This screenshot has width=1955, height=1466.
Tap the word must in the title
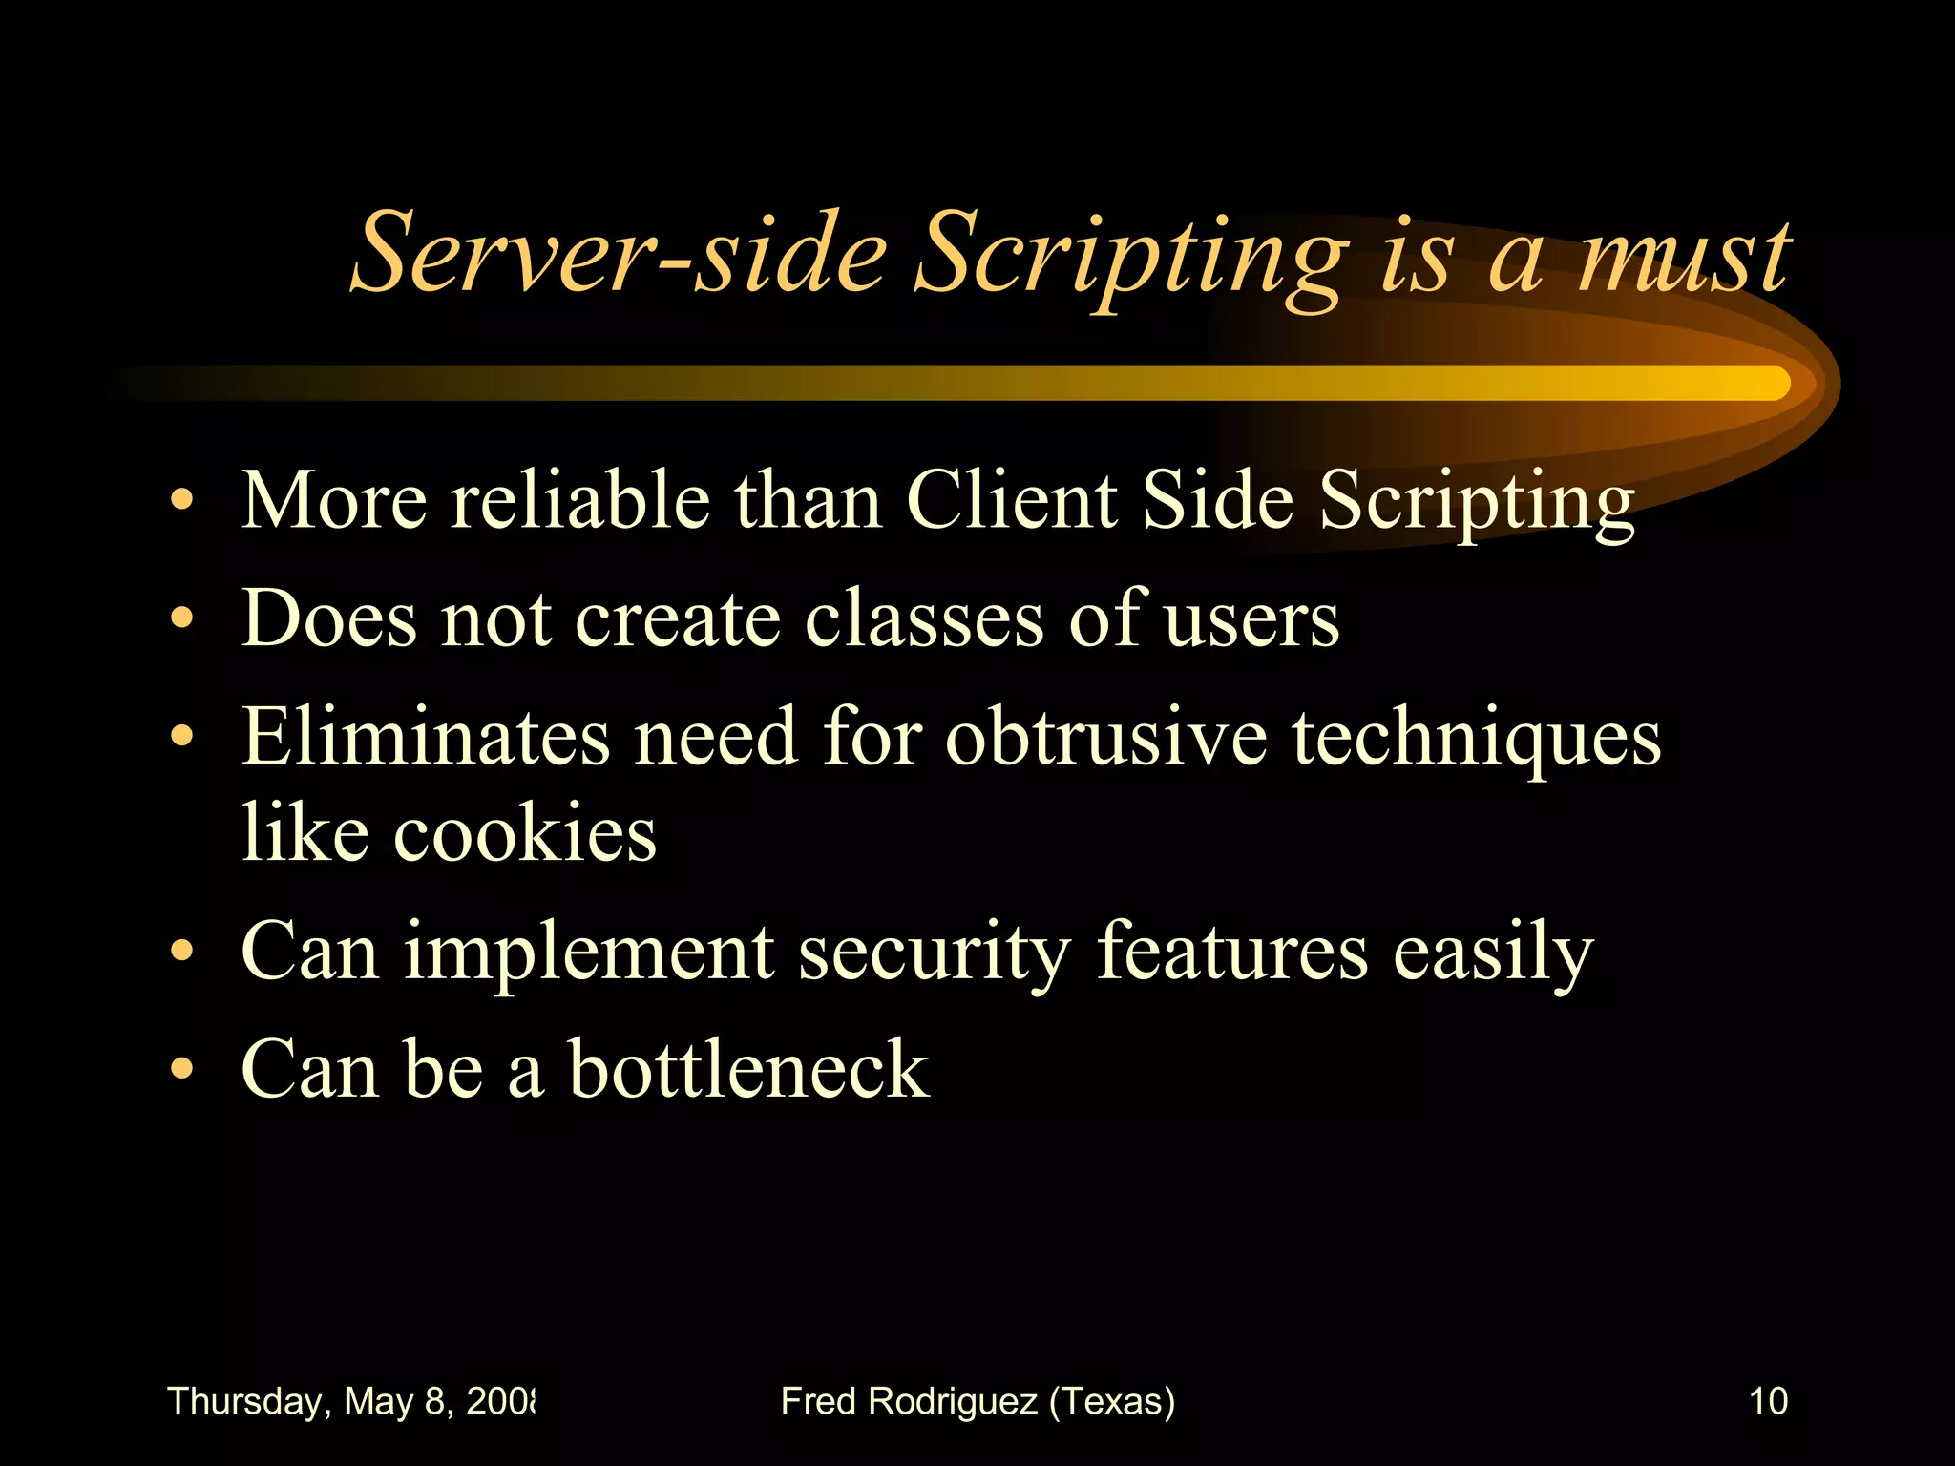[1684, 256]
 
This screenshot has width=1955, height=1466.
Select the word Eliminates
[425, 737]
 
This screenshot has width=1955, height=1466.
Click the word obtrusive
[1106, 737]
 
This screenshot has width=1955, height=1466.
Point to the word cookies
[525, 832]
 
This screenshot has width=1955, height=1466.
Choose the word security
[935, 953]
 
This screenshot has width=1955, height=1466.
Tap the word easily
[1493, 953]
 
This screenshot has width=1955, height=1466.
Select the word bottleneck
[748, 1069]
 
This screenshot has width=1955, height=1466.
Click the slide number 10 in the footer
[1768, 1401]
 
